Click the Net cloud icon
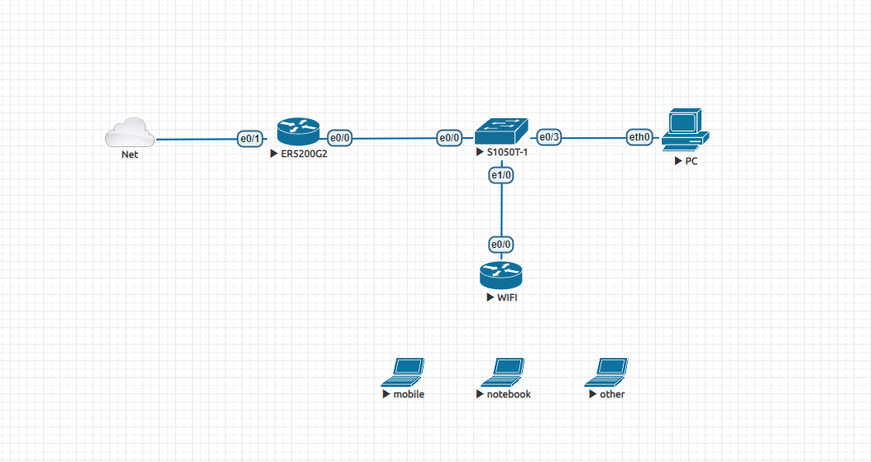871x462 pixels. [x=130, y=132]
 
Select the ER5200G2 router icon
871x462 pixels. [x=298, y=131]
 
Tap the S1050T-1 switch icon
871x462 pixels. [x=501, y=131]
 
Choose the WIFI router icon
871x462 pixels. [x=501, y=274]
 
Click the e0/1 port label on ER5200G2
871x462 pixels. [x=250, y=139]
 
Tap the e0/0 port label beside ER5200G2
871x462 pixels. [x=340, y=138]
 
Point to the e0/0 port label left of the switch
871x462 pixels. [x=449, y=138]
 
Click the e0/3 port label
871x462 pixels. [x=549, y=136]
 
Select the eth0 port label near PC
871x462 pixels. [x=639, y=137]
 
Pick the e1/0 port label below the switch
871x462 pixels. [x=501, y=175]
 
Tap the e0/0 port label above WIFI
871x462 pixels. [x=501, y=245]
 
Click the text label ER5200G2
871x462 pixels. [x=304, y=155]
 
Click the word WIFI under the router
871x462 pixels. [x=507, y=297]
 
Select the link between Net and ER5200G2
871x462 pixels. [x=196, y=139]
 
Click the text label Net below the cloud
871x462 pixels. [x=130, y=155]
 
